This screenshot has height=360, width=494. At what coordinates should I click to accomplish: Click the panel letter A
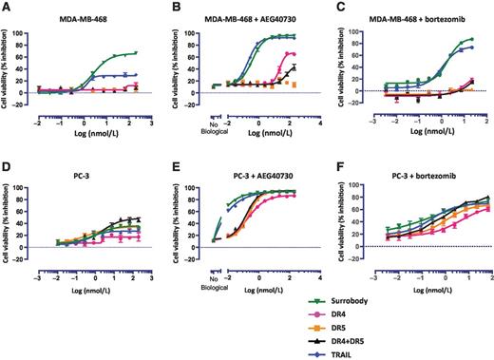click(6, 9)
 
